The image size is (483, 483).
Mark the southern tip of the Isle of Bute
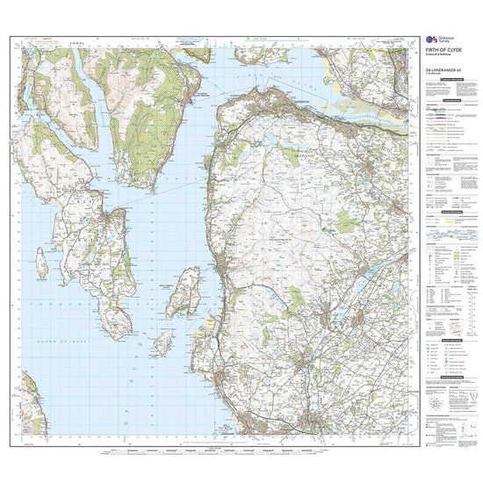(x=113, y=339)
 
